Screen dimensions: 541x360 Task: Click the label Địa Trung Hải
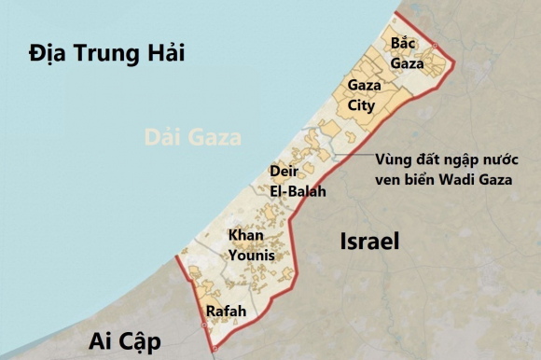click(x=106, y=53)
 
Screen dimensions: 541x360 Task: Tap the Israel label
click(x=368, y=242)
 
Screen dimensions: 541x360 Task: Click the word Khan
click(x=244, y=234)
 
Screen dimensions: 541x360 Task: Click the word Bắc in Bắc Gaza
click(x=402, y=44)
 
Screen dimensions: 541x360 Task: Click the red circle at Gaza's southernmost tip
click(x=214, y=349)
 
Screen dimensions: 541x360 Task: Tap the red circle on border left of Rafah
click(x=203, y=325)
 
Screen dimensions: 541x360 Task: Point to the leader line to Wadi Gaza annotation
click(x=350, y=156)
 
